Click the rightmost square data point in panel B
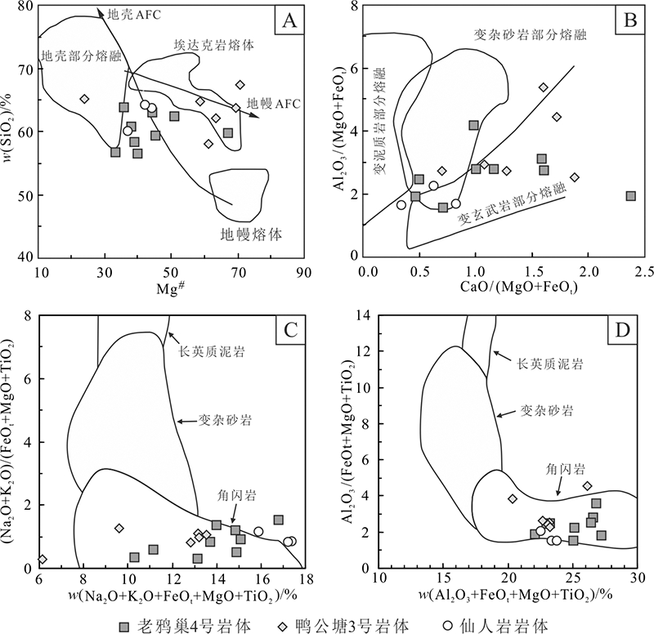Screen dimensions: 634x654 coord(630,196)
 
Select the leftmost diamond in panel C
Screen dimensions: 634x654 coord(42,559)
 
